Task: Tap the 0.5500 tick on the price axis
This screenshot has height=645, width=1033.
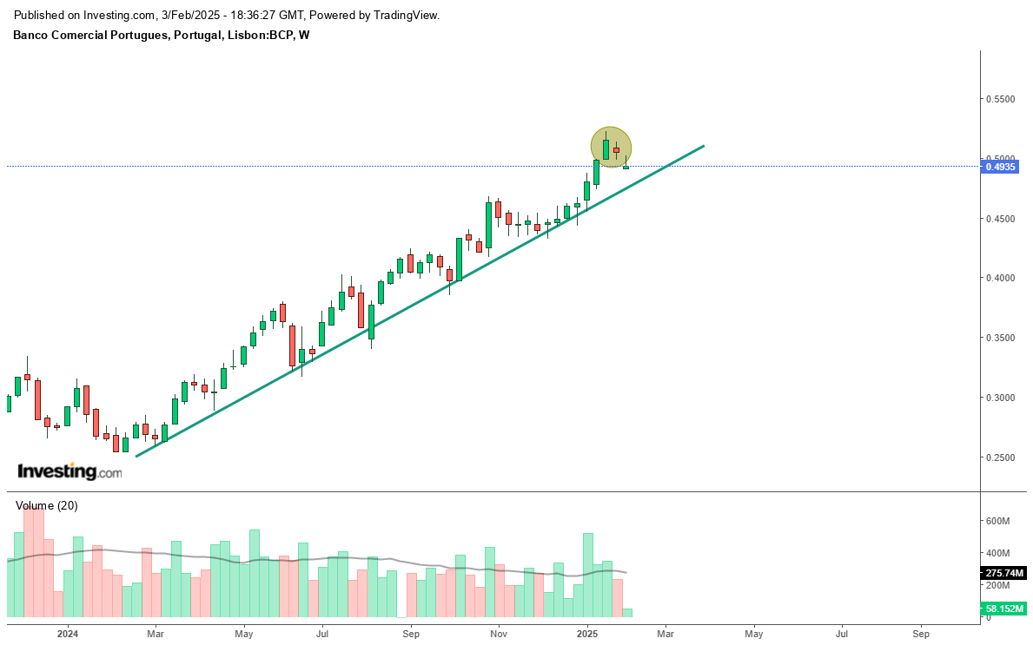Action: tap(1000, 99)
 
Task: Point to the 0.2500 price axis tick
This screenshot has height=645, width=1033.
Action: tap(1000, 457)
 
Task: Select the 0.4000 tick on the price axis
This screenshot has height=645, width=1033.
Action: tap(1000, 278)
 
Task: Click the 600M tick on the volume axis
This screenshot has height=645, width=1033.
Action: tap(997, 521)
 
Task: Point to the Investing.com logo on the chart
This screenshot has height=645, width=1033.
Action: tap(70, 471)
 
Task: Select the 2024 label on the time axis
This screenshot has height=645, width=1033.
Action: tap(68, 634)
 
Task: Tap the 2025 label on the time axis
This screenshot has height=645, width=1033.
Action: tap(587, 634)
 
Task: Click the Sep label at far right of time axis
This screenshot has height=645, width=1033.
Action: tap(921, 634)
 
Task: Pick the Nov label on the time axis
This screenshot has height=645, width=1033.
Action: tap(498, 634)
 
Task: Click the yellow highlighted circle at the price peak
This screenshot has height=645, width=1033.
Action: tap(611, 147)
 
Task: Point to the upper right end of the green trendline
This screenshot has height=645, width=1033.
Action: tap(702, 146)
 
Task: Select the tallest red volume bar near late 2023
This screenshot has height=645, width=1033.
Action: tap(33, 560)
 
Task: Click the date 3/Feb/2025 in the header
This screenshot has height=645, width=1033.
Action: tap(192, 16)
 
